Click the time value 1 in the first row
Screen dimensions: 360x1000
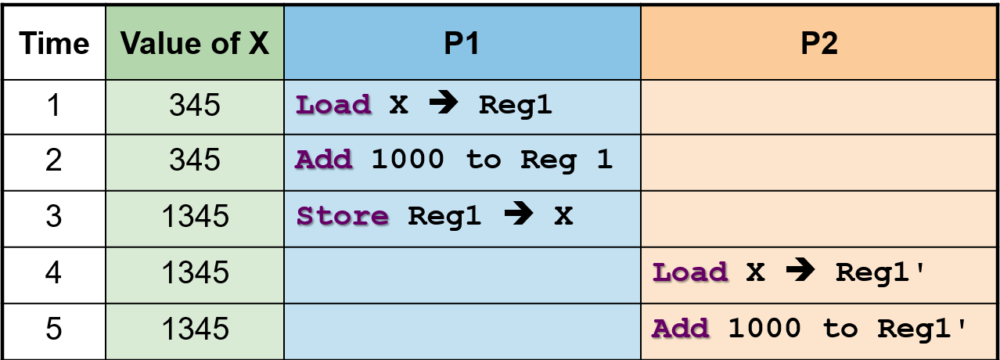coord(53,106)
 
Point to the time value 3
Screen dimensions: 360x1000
coord(53,216)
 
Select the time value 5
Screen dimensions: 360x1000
coord(53,329)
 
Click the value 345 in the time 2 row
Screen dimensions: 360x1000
coord(195,160)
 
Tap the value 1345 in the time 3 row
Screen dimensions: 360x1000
coord(195,216)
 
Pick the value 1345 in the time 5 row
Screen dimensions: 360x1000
coord(195,329)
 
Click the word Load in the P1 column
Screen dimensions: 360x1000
coord(333,106)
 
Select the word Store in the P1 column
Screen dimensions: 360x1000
coord(342,216)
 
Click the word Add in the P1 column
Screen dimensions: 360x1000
coord(324,160)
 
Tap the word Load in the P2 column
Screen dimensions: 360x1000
coord(690,272)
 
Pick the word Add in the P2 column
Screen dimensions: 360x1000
coord(681,329)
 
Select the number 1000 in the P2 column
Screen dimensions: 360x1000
coord(764,329)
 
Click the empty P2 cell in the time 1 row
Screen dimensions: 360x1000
coord(819,106)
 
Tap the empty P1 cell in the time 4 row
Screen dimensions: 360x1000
coord(462,272)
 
